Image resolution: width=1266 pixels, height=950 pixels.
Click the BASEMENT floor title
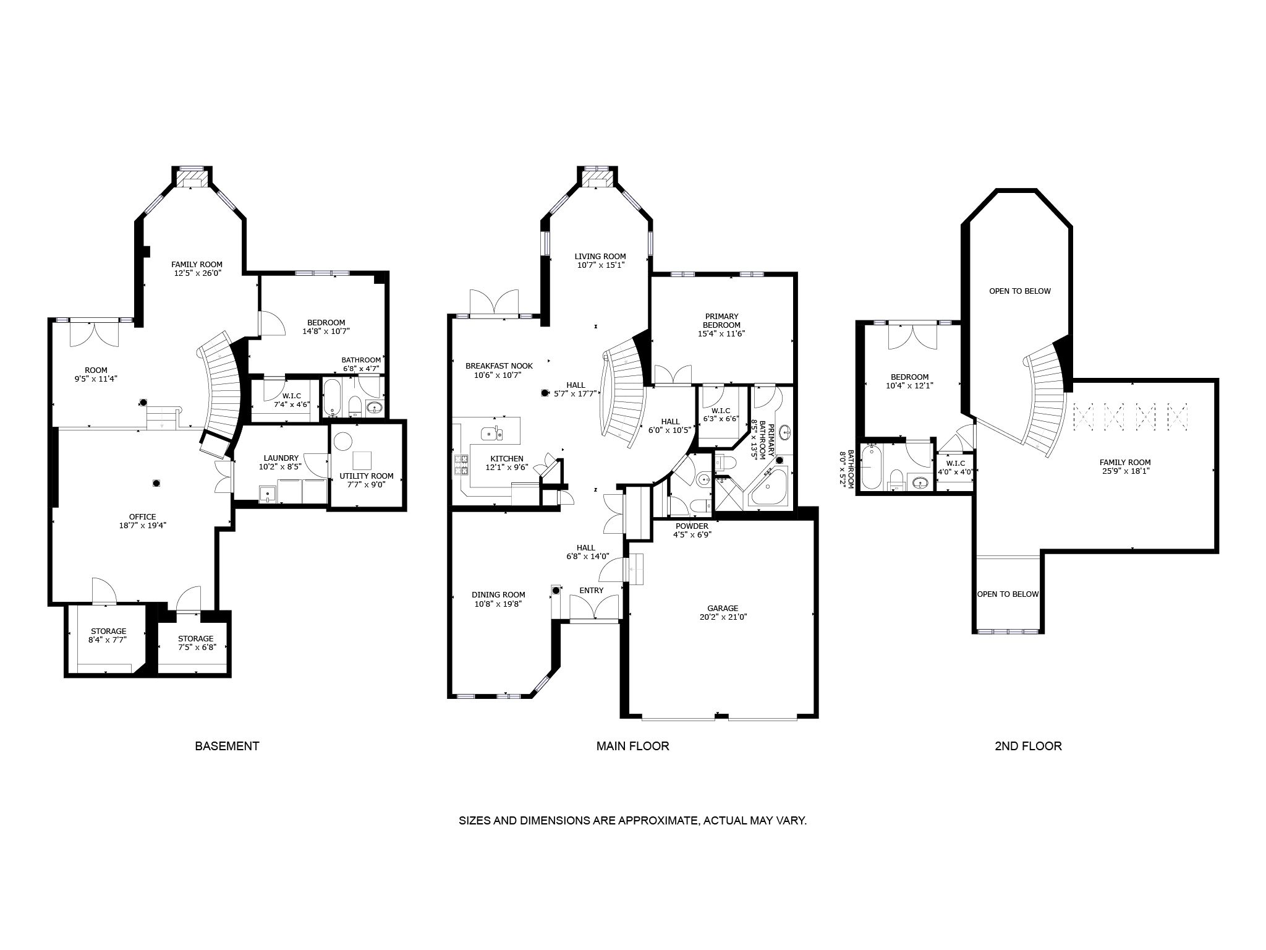click(227, 746)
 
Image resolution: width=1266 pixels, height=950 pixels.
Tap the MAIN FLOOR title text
click(632, 746)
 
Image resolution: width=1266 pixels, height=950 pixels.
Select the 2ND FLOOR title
click(1028, 746)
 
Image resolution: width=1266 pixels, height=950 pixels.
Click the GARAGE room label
click(723, 608)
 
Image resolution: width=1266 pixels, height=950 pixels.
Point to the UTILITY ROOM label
click(366, 476)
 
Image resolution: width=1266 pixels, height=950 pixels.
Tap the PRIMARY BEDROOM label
click(721, 320)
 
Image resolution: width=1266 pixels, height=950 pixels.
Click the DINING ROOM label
click(498, 595)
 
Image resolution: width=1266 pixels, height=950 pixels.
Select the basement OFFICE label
click(142, 517)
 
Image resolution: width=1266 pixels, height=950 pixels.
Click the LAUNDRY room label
click(281, 458)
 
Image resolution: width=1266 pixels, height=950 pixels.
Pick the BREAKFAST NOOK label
click(499, 366)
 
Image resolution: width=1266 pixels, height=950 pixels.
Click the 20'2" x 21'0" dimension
click(723, 617)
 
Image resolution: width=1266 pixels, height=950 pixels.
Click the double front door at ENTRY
click(594, 607)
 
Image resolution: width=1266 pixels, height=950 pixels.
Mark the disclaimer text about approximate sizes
click(632, 821)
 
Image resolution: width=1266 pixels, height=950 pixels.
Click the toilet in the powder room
click(699, 506)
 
